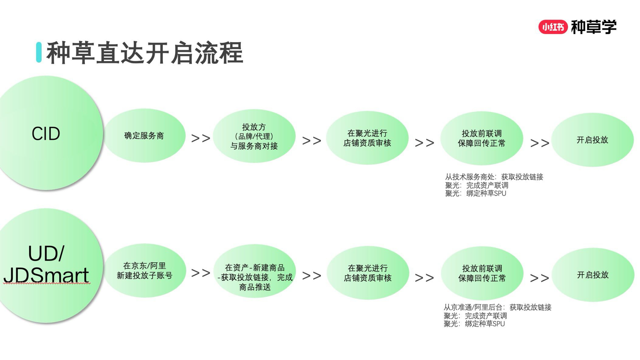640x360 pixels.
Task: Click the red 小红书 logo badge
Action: pos(553,27)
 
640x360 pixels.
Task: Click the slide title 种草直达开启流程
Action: pos(145,53)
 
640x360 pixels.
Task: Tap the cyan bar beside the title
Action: pos(39,52)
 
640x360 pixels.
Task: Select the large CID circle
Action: pos(46,133)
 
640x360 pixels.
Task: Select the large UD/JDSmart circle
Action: pos(46,266)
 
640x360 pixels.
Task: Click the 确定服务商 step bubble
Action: pos(144,136)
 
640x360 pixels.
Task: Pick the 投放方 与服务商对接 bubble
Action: pos(254,136)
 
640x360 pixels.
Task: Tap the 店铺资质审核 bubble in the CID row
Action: pos(367,138)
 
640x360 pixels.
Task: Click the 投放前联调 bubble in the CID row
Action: pos(482,138)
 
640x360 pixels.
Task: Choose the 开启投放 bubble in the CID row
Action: pos(592,140)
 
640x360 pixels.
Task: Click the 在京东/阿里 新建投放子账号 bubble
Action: pos(145,271)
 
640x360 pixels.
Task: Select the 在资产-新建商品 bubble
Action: pos(255,272)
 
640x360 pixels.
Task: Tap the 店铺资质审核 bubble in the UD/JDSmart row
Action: pos(368,273)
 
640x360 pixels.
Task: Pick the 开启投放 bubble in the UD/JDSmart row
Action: pos(593,275)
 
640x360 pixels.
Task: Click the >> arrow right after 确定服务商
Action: pos(201,138)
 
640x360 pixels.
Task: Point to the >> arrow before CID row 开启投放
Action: pos(540,143)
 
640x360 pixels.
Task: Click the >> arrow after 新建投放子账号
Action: pos(201,273)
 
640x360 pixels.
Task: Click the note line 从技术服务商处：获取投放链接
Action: pos(494,177)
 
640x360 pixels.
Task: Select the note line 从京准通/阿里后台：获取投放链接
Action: pos(497,308)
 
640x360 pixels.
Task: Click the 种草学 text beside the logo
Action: pos(594,27)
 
